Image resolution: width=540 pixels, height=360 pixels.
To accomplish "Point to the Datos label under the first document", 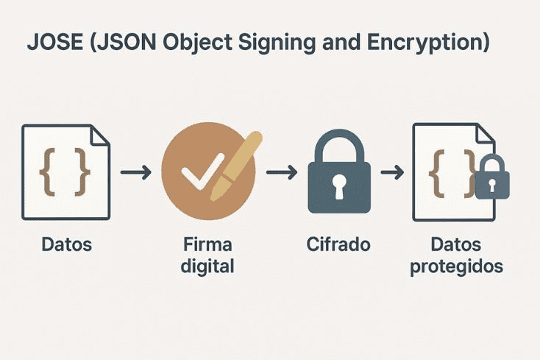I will (x=66, y=244).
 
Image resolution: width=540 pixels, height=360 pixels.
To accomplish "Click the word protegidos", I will (x=457, y=267).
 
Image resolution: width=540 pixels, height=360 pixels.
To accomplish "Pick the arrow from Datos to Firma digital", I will (x=135, y=173).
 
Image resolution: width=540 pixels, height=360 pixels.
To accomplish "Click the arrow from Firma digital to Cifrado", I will (x=280, y=173).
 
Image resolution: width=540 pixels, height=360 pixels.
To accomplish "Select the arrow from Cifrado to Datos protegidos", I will (x=391, y=173).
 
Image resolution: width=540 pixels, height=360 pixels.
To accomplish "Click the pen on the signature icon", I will (x=235, y=166).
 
